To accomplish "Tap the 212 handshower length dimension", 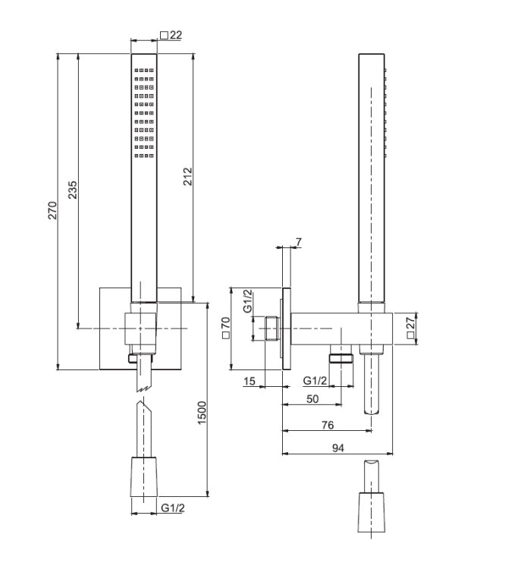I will [188, 177].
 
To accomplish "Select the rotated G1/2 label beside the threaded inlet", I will [247, 301].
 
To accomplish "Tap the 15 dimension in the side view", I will [250, 381].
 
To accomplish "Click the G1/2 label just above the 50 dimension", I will [315, 380].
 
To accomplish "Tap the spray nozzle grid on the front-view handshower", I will [144, 114].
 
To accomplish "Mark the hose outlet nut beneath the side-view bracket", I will [342, 357].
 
